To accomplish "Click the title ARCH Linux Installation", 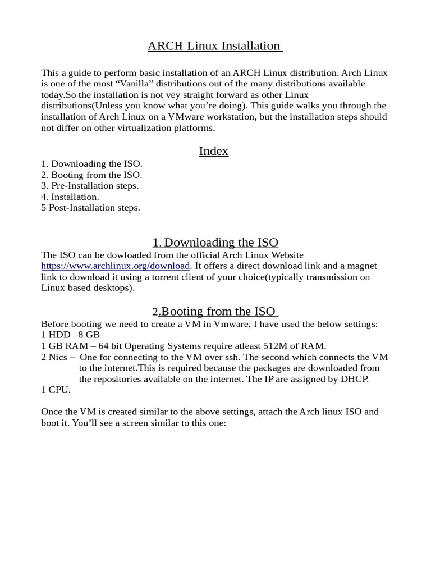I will [215, 46].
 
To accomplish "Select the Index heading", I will [214, 152].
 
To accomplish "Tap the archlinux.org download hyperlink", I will [116, 266].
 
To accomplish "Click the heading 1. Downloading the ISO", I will [215, 243].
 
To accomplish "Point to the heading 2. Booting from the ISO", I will [215, 312].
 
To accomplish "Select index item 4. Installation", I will [70, 197].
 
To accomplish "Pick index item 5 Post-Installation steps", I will [90, 208].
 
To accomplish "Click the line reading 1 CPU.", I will [56, 390].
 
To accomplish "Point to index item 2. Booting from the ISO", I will [91, 175].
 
